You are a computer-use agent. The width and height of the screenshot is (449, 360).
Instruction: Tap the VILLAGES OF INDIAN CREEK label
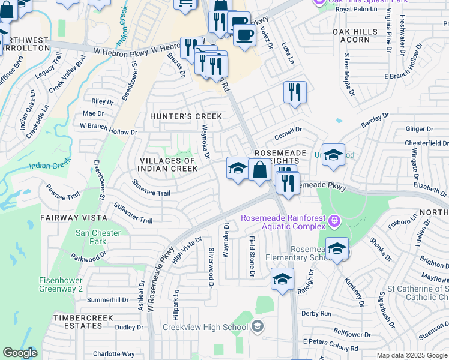click(168, 165)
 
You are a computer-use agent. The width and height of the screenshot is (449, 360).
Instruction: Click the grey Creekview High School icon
click(258, 327)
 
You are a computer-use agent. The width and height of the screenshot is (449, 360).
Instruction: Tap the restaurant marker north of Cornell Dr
click(295, 92)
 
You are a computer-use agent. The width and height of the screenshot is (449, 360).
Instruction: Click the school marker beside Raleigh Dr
click(282, 279)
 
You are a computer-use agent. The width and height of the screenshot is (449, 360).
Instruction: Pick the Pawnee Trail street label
click(60, 193)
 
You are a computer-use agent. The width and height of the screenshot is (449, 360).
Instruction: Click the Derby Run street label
click(316, 313)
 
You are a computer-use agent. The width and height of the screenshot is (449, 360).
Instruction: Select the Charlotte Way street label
click(113, 354)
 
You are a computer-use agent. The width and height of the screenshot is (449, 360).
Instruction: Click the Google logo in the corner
click(20, 353)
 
